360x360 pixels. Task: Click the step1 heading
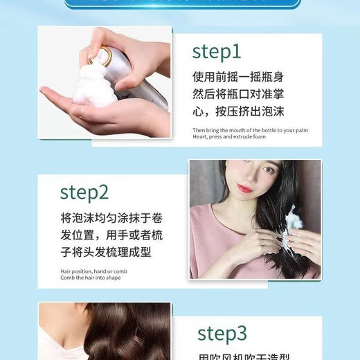[216, 52]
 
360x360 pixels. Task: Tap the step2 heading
[84, 191]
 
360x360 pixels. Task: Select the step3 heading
[222, 333]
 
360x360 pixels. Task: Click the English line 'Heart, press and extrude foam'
[229, 137]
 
